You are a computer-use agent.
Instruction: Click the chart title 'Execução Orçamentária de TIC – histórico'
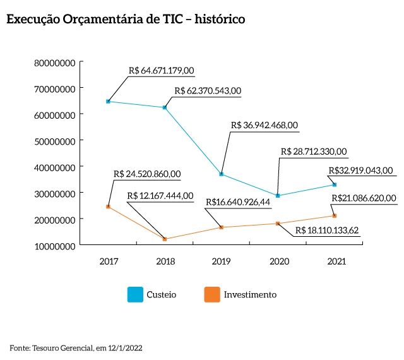pos(125,20)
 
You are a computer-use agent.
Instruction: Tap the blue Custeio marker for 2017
pos(109,101)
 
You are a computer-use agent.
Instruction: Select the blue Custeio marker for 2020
pos(278,196)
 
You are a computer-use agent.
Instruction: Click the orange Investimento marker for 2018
pos(165,239)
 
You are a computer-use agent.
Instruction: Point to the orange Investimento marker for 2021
pos(334,216)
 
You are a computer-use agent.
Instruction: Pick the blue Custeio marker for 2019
pos(222,174)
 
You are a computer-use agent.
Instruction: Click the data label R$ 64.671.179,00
pos(161,71)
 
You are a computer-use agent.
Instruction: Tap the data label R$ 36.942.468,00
pos(264,125)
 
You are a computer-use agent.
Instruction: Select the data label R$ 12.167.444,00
pos(160,196)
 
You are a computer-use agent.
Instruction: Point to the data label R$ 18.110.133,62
pos(326,229)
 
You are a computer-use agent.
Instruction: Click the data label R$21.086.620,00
pos(364,198)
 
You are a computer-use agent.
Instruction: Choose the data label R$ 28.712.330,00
pos(313,152)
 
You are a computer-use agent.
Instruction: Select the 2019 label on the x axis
pos(222,261)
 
